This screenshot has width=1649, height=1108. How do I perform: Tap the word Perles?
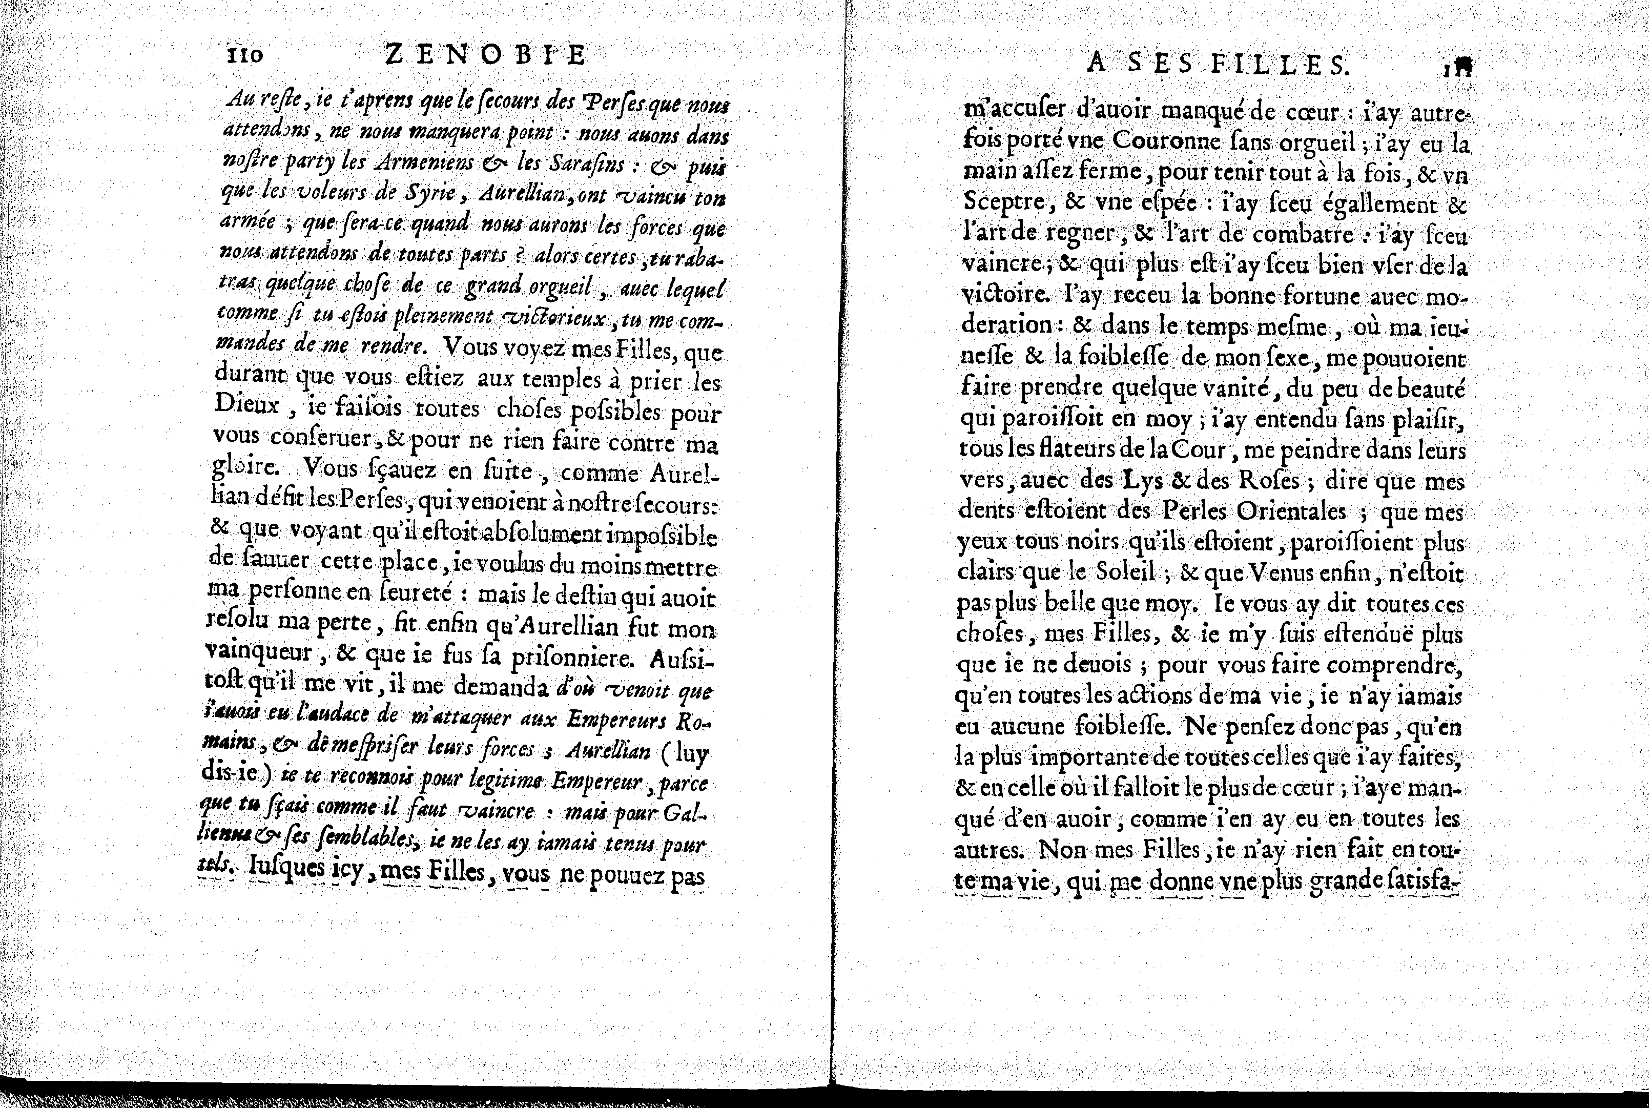coord(1193,510)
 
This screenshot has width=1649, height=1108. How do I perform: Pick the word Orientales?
coord(1294,511)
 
